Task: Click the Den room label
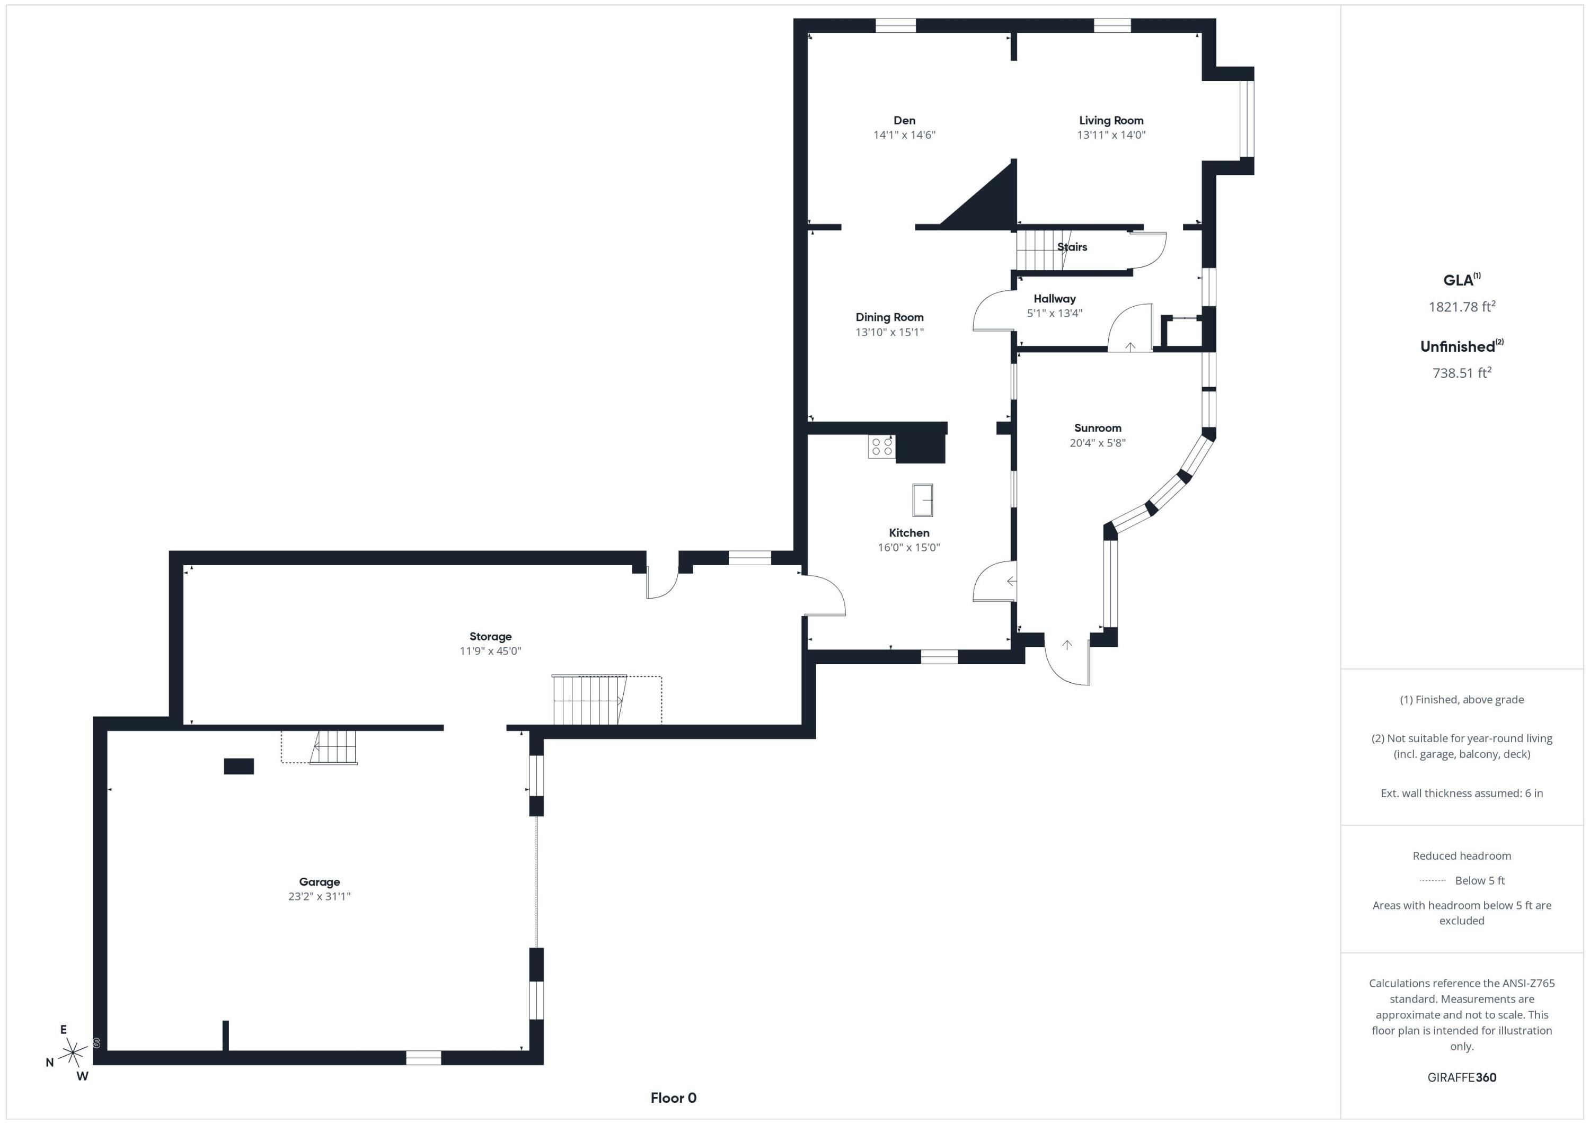pos(904,120)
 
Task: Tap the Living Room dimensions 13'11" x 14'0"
pos(1111,135)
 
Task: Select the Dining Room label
pos(889,317)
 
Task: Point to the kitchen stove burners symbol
pos(881,447)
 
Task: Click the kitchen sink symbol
pos(922,499)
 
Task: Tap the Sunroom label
pos(1098,428)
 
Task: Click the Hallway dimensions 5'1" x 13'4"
pos(1054,313)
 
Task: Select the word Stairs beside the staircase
pos(1072,247)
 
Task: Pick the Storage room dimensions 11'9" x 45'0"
pos(490,650)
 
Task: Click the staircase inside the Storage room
pos(589,700)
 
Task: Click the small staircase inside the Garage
pos(334,747)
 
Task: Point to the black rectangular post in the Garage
pos(239,766)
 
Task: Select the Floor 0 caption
pos(673,1098)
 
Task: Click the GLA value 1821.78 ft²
pos(1461,307)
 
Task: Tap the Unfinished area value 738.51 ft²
pos(1461,373)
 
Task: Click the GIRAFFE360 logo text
pos(1461,1077)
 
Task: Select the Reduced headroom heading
pos(1461,855)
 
